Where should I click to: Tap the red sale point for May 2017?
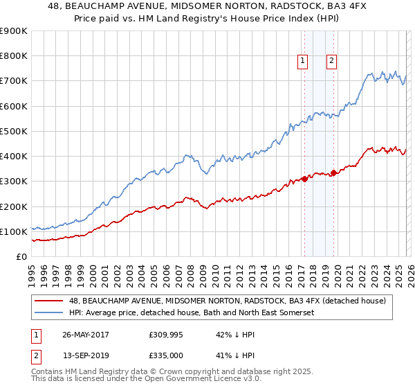(304, 179)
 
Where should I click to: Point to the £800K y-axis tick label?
(14, 56)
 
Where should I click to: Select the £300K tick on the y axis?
(14, 182)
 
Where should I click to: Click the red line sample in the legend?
(50, 300)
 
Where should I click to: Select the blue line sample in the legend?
(50, 312)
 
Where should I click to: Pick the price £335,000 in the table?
(167, 355)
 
